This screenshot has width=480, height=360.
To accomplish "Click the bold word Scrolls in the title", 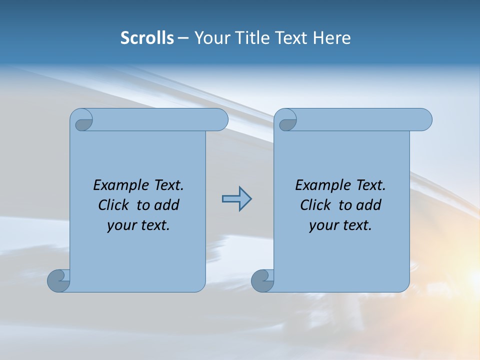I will (x=147, y=38).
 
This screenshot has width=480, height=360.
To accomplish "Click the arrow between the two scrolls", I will (x=236, y=199).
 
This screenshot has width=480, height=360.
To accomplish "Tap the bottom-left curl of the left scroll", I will (x=58, y=280).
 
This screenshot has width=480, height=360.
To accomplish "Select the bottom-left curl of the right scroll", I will (x=262, y=280).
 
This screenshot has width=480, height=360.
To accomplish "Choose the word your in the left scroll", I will (x=120, y=225).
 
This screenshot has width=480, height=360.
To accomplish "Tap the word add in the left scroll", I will (x=166, y=205).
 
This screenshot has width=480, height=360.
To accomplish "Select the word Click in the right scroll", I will (x=315, y=205).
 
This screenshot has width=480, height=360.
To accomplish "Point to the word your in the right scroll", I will (x=322, y=225).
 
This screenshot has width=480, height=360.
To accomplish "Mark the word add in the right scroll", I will (x=368, y=205).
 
